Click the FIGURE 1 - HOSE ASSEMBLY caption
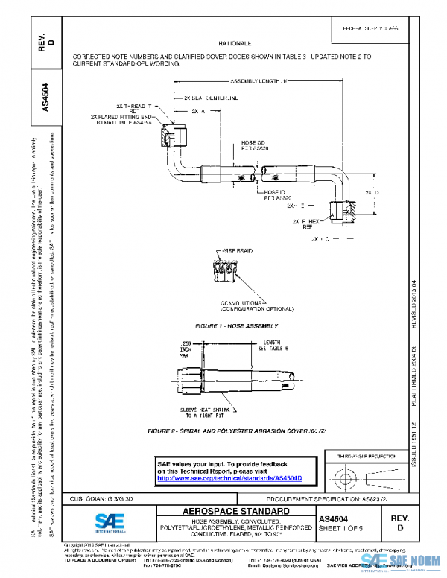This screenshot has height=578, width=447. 236,326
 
